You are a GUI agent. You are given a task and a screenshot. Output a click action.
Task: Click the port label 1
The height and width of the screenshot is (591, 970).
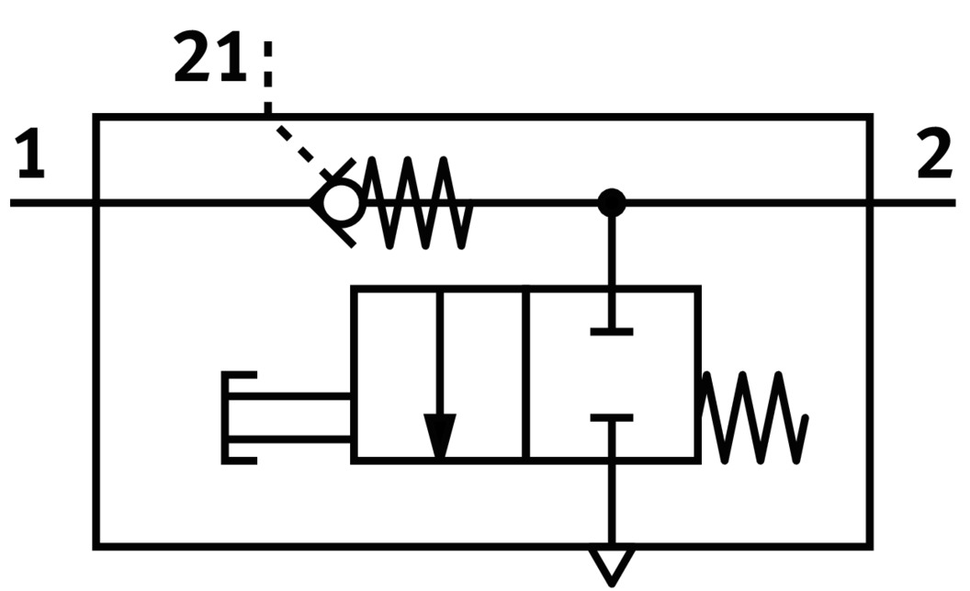[30, 157]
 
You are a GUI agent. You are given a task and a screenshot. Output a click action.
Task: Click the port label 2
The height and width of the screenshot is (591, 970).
[935, 157]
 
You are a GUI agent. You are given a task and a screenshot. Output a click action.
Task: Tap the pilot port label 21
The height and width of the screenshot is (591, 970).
[210, 61]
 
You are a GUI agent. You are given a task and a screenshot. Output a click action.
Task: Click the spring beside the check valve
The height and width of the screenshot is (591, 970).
[418, 203]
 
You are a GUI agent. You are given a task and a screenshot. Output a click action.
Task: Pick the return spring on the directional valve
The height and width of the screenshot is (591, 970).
[753, 417]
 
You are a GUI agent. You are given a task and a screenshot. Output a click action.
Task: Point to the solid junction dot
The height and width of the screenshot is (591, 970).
[611, 202]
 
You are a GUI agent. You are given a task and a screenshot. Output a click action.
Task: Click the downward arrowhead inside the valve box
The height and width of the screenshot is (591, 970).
[439, 436]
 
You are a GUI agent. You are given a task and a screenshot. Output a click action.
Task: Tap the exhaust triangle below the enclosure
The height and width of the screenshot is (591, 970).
[611, 564]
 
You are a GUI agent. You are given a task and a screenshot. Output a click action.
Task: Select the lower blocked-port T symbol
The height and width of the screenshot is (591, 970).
[611, 418]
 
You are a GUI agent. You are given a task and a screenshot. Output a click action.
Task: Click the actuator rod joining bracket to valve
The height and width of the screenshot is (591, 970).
[303, 417]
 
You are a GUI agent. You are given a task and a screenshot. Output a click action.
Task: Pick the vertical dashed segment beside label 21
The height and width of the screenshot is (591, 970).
[268, 78]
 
